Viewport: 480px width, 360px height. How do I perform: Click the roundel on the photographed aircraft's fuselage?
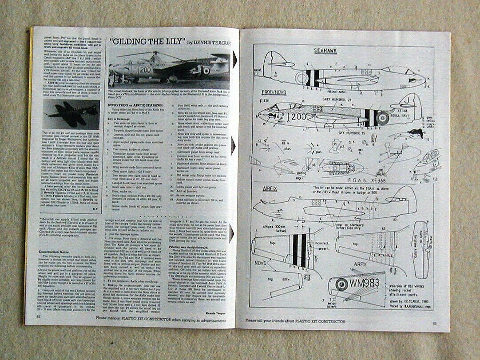(x=206, y=70)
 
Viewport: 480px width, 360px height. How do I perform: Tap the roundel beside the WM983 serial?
(x=341, y=285)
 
